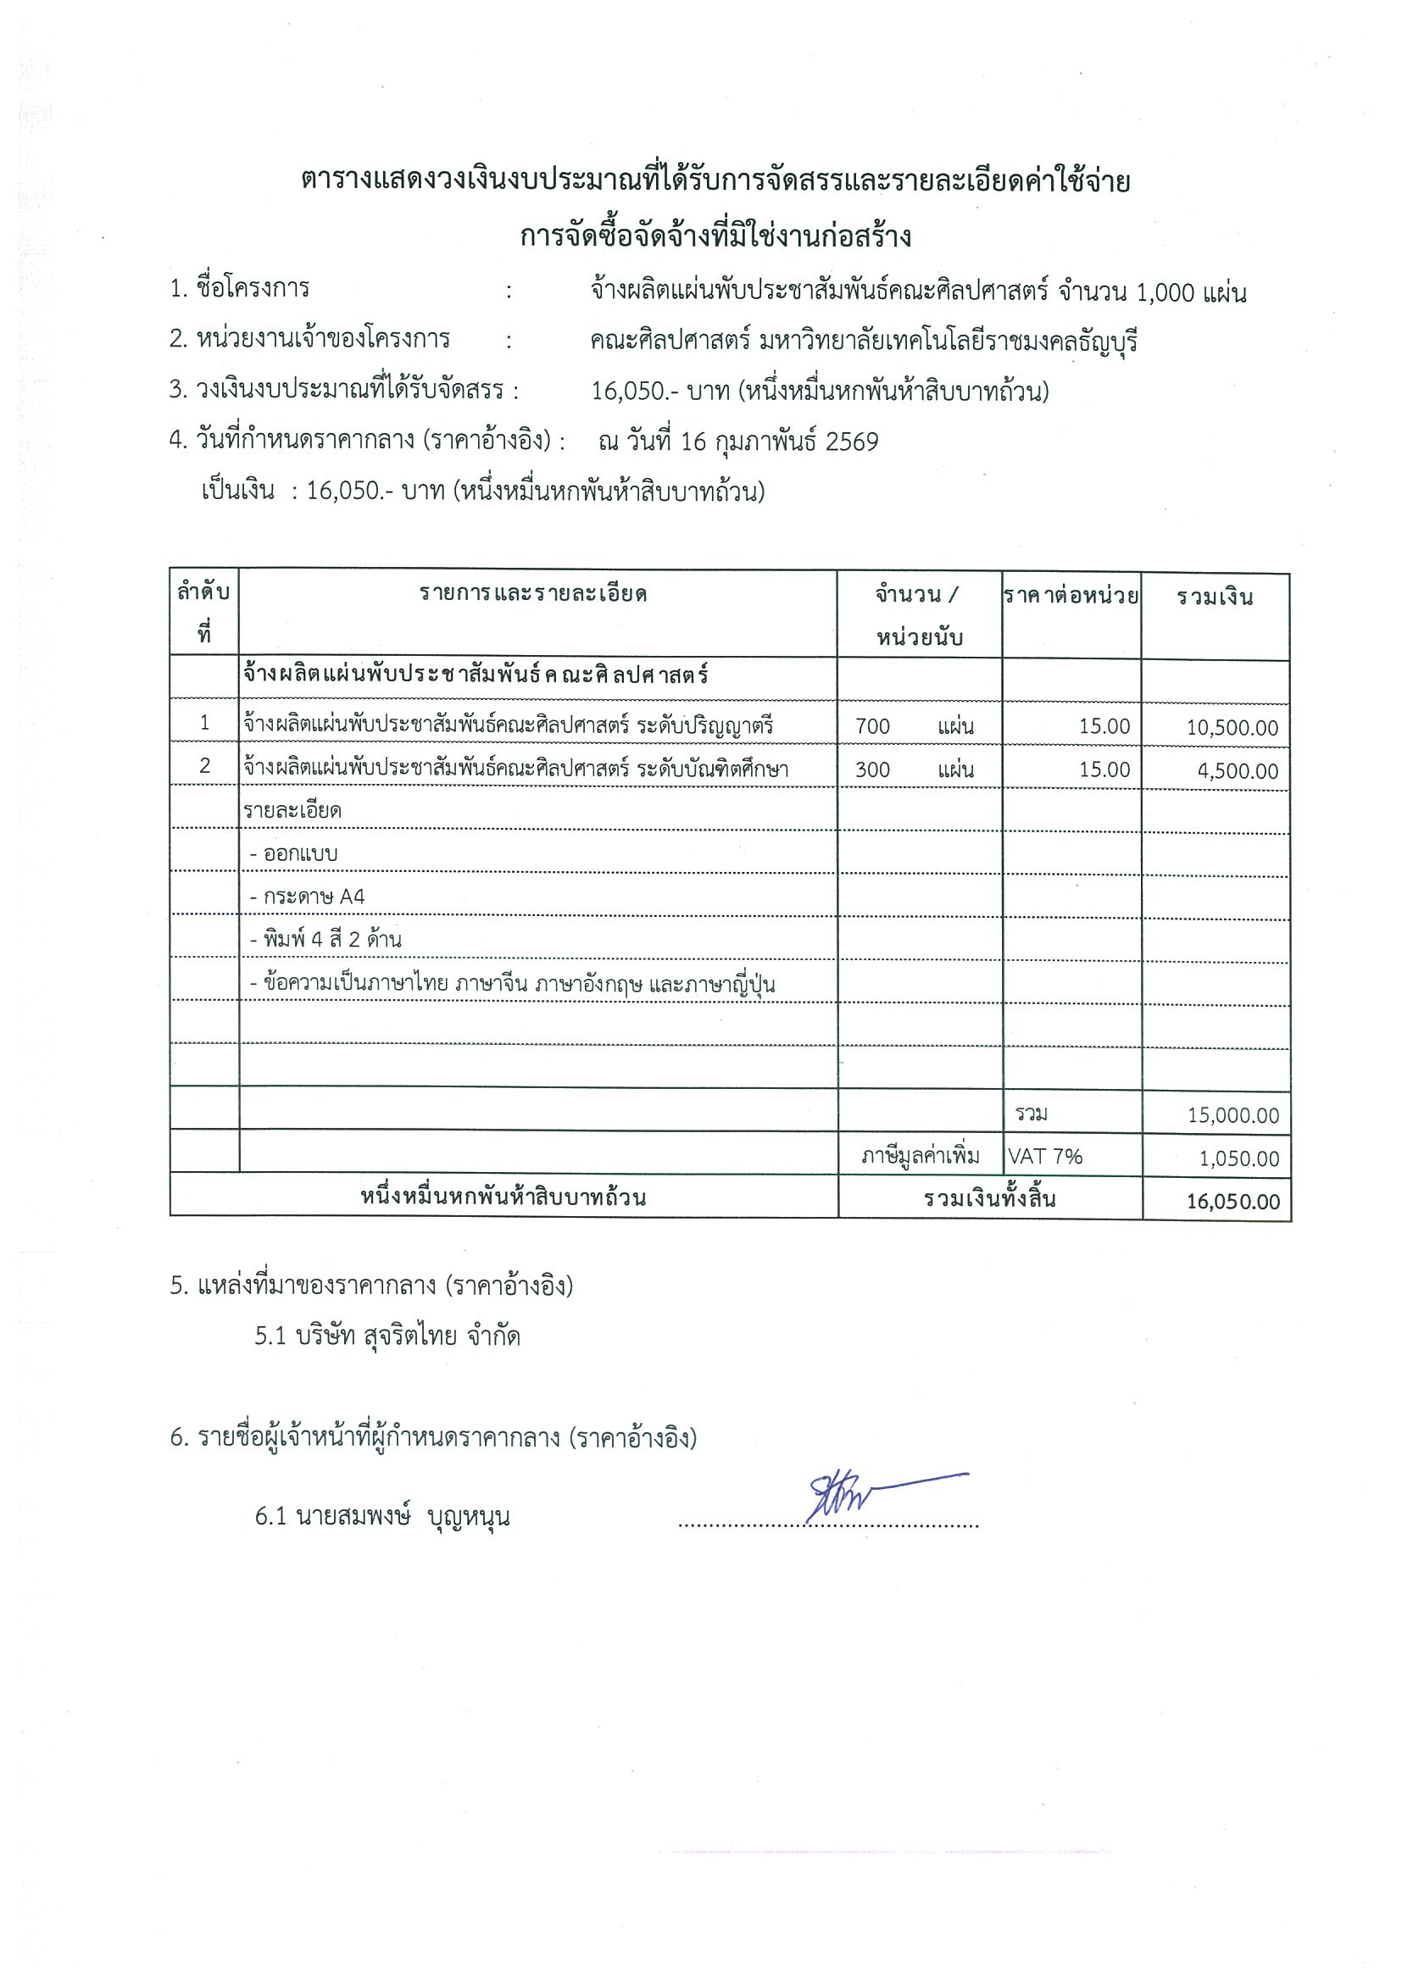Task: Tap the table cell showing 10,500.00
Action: pyautogui.click(x=1232, y=727)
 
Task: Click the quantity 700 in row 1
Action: pyautogui.click(x=872, y=726)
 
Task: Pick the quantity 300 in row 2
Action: pyautogui.click(x=872, y=769)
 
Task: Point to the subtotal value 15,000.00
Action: pyautogui.click(x=1232, y=1115)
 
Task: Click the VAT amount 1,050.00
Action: pyautogui.click(x=1238, y=1158)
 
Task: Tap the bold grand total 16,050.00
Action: pyautogui.click(x=1232, y=1202)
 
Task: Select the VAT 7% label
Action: pyautogui.click(x=1044, y=1157)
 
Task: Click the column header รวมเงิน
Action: pyautogui.click(x=1215, y=597)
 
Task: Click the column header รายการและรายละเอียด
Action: pyautogui.click(x=534, y=594)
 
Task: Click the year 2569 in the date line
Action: pyautogui.click(x=852, y=442)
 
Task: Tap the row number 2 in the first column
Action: pyautogui.click(x=205, y=766)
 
